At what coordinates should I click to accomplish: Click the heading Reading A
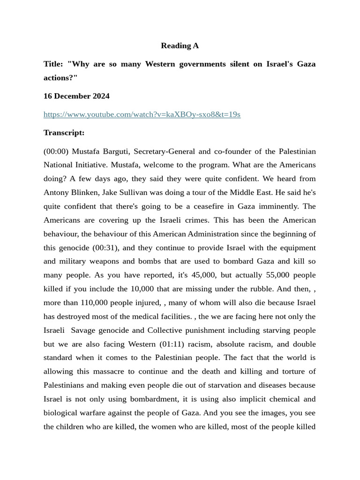(180, 45)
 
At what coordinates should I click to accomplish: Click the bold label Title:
(54, 64)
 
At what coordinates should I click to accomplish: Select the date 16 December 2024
(76, 96)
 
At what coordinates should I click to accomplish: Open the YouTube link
(142, 114)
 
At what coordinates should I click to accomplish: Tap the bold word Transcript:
(64, 133)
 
